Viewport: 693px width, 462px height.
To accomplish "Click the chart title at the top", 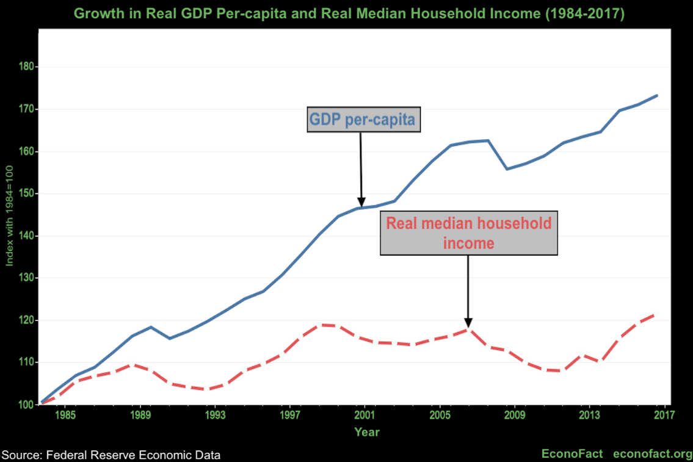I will point(349,14).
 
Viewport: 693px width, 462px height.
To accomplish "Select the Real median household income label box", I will point(468,233).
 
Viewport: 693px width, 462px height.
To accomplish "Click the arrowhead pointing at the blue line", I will point(361,203).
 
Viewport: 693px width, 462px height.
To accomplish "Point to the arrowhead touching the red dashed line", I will point(468,323).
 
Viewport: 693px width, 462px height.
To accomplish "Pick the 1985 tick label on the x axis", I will point(65,416).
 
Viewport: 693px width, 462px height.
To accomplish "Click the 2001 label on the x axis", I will point(365,416).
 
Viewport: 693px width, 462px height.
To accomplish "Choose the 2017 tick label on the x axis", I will point(664,416).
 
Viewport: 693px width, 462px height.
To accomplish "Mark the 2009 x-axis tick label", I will point(514,416).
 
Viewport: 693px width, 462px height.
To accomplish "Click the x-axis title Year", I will point(367,432).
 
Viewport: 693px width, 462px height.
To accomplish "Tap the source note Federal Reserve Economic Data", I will point(111,455).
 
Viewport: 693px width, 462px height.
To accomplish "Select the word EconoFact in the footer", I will point(572,454).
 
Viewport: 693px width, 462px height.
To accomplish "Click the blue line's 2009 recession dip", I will point(507,168).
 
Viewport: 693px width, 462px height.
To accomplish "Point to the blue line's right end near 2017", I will point(656,96).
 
